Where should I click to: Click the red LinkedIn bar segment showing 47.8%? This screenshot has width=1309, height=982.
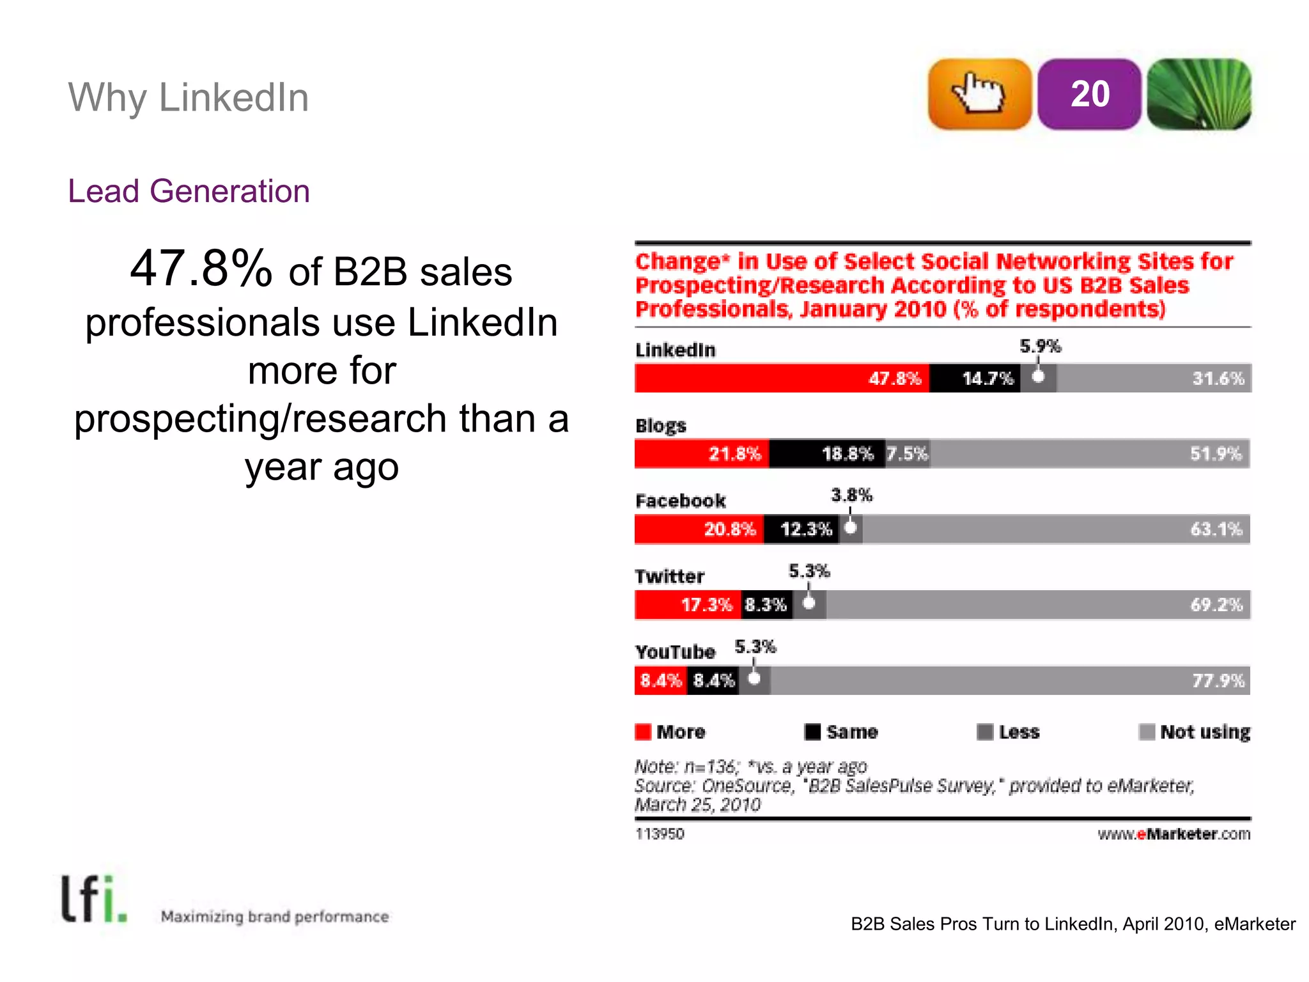pos(781,378)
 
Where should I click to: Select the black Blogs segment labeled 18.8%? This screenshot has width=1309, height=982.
pos(827,453)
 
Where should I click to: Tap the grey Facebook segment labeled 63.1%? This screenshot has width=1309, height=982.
pos(1055,529)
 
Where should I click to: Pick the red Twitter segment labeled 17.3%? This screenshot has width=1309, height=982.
pos(688,604)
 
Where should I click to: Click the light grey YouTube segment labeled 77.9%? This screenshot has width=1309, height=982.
pos(1010,680)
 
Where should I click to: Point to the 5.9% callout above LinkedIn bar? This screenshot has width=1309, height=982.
pos(1040,346)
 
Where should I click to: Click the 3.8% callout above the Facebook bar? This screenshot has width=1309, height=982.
pos(851,495)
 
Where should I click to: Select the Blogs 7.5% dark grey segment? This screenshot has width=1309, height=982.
pos(907,453)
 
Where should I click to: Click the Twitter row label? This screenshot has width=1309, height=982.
pos(669,576)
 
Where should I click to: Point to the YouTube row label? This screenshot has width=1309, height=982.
pos(675,651)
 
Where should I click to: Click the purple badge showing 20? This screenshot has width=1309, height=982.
pos(1089,94)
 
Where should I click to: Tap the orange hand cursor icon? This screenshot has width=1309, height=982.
pos(979,94)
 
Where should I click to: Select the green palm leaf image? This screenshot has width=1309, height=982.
pos(1198,94)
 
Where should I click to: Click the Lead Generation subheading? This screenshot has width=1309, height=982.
pos(189,191)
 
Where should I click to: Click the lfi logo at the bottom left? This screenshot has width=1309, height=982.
pos(93,900)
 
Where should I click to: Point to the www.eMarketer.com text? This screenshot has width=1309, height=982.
pos(1173,834)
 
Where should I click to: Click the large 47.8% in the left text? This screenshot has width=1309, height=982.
pos(201,269)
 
